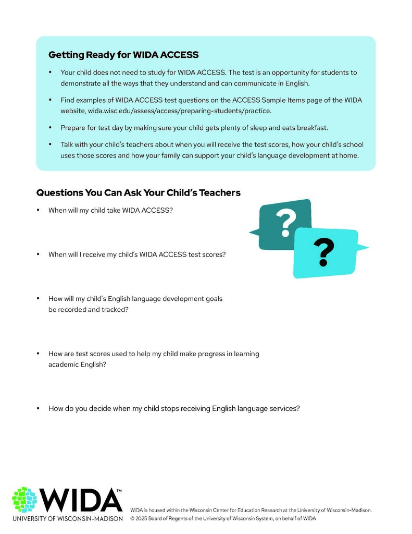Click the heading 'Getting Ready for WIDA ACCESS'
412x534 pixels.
tap(123, 55)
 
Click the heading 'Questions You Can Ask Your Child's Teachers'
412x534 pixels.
tap(138, 192)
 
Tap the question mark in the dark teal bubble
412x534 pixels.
tap(285, 223)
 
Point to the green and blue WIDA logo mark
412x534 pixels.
tap(24, 500)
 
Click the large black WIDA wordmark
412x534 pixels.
tap(81, 500)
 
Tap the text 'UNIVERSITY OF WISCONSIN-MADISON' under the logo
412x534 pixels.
tap(68, 519)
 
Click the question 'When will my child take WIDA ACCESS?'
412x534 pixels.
tap(110, 210)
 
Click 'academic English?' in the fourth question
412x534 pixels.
tap(77, 365)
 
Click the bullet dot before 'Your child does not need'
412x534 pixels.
tap(50, 72)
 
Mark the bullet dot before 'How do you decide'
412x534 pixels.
tap(38, 408)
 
